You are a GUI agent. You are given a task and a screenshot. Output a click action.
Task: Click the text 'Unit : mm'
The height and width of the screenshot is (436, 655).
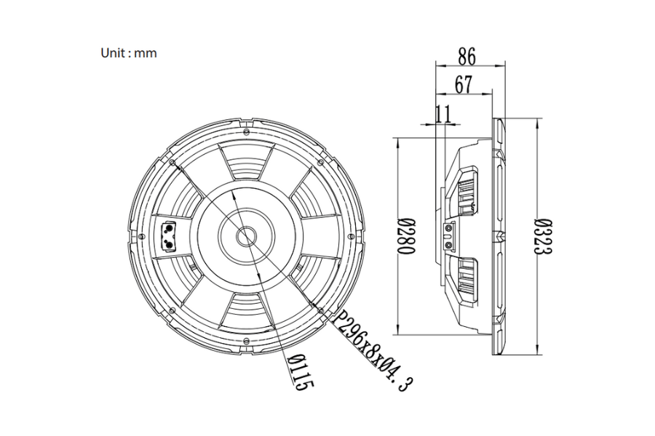click(x=129, y=53)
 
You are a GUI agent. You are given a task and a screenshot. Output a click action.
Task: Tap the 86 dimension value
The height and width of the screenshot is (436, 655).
click(x=467, y=57)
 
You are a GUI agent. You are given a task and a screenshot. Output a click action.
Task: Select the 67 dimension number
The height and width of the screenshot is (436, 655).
click(x=464, y=85)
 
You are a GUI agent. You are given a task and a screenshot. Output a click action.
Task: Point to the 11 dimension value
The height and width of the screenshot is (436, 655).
click(x=443, y=114)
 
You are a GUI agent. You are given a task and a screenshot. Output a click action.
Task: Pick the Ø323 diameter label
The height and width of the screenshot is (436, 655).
click(x=544, y=236)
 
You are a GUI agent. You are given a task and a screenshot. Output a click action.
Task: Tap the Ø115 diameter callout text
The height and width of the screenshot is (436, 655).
click(x=300, y=372)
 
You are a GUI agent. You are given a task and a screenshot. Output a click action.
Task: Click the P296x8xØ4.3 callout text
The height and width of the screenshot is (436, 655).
click(x=371, y=350)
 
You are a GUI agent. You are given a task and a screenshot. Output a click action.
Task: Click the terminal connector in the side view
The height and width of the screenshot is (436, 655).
click(x=449, y=237)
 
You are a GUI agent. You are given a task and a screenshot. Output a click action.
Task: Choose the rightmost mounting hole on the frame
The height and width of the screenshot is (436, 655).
click(x=352, y=237)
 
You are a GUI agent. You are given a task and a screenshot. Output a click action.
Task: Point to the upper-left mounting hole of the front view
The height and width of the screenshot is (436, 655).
click(x=172, y=162)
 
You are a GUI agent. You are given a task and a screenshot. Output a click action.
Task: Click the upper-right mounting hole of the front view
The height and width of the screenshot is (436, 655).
click(x=321, y=162)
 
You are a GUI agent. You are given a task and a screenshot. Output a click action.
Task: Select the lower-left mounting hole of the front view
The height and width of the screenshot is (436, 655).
click(x=172, y=311)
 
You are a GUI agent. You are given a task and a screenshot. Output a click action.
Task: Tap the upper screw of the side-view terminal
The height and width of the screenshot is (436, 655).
click(x=449, y=229)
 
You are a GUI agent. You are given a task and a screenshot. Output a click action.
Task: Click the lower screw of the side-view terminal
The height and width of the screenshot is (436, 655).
click(x=449, y=244)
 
